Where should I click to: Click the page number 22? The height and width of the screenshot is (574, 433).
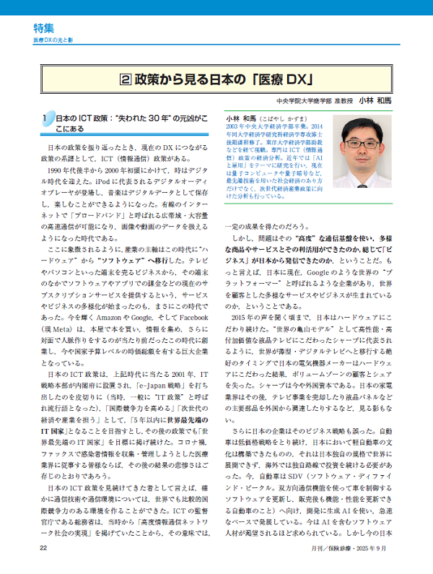point(45,549)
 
